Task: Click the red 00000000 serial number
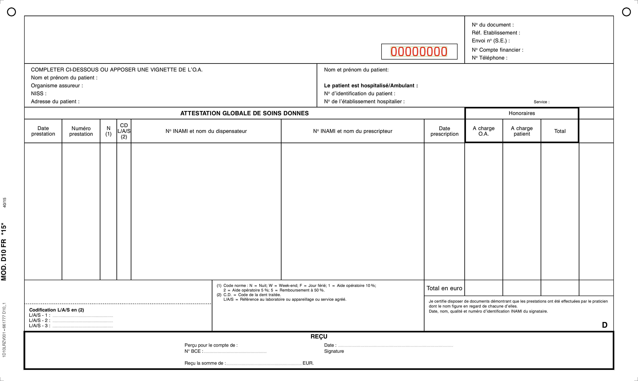pyautogui.click(x=419, y=52)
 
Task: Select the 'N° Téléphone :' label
pyautogui.click(x=490, y=58)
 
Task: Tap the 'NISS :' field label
pyautogui.click(x=39, y=94)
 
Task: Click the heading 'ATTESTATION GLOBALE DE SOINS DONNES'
pyautogui.click(x=244, y=113)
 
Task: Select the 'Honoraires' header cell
pyautogui.click(x=522, y=113)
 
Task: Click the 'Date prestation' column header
pyautogui.click(x=43, y=131)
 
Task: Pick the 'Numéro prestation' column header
pyautogui.click(x=81, y=131)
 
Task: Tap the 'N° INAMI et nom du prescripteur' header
pyautogui.click(x=353, y=131)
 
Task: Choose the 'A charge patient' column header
pyautogui.click(x=522, y=131)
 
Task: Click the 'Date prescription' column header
pyautogui.click(x=444, y=131)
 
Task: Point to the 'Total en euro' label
pyautogui.click(x=444, y=288)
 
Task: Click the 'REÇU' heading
pyautogui.click(x=319, y=336)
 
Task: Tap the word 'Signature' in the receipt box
pyautogui.click(x=334, y=351)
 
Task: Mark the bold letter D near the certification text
pyautogui.click(x=605, y=325)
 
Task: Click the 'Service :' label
pyautogui.click(x=541, y=102)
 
